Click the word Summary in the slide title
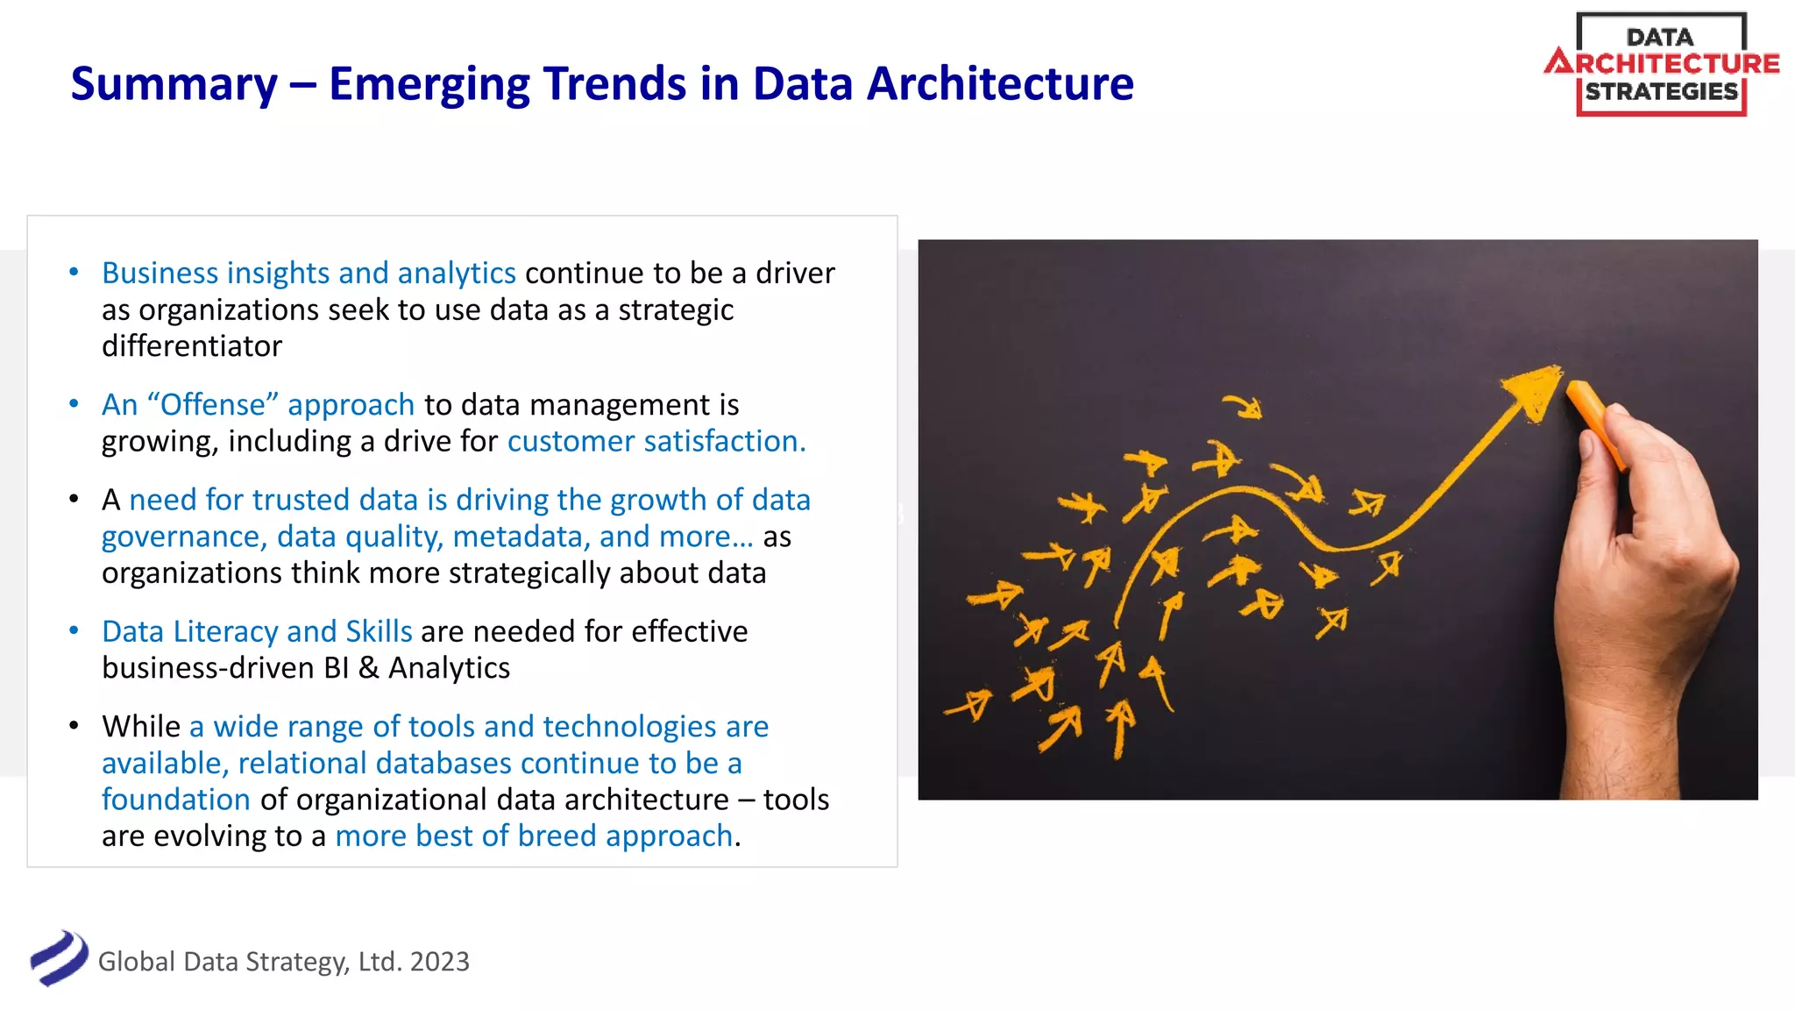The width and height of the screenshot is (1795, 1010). (x=174, y=85)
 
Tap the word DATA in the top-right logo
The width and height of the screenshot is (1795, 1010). (x=1659, y=38)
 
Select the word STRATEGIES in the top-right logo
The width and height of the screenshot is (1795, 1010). (x=1661, y=91)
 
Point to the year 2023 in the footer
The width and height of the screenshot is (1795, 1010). (x=439, y=962)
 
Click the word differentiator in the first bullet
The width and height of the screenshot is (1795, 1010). (x=191, y=346)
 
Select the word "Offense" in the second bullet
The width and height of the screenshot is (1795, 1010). (x=213, y=405)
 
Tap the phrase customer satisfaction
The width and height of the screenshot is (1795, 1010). (x=656, y=441)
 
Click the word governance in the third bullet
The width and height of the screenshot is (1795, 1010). (x=181, y=537)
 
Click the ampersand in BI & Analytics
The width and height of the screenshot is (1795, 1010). (x=369, y=668)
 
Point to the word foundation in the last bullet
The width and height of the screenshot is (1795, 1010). (x=176, y=800)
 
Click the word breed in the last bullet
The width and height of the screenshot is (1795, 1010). (x=557, y=836)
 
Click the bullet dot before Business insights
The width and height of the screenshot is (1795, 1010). (x=74, y=273)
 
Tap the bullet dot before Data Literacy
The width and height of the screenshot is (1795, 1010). (x=74, y=630)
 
